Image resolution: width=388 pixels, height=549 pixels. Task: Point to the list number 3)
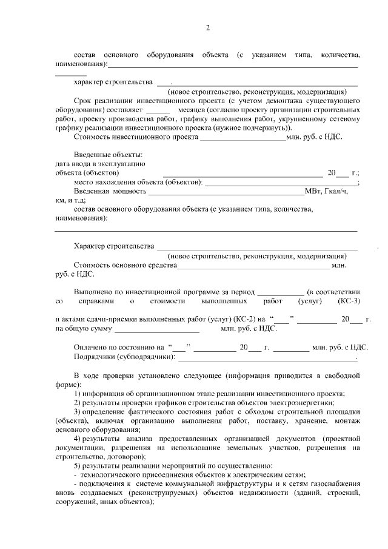click(x=78, y=411)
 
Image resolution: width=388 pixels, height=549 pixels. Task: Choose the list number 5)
click(x=78, y=465)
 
